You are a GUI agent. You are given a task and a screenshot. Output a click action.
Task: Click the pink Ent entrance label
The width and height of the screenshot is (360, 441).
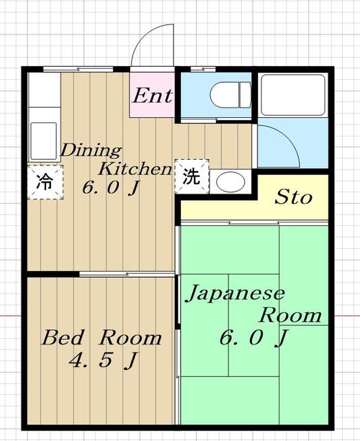point(153,95)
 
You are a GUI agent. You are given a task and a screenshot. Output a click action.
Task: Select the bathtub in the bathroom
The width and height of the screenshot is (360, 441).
point(293,94)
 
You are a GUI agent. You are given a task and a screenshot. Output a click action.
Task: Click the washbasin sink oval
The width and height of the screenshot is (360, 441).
point(229,182)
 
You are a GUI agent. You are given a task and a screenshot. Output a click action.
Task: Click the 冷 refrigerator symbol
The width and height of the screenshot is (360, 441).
point(44,183)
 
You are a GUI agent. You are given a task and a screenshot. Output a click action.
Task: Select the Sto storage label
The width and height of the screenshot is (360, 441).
point(293,198)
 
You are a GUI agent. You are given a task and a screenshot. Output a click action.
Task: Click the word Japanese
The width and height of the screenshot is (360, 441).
point(234,294)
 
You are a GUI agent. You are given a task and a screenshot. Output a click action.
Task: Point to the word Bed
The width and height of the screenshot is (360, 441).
point(63,338)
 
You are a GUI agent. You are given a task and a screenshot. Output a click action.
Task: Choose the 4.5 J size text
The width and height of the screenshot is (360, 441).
point(100,360)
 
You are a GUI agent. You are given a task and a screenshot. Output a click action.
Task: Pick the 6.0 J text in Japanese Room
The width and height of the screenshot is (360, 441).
point(253,338)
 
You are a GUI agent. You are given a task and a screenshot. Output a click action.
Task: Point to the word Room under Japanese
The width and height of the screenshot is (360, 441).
point(290,316)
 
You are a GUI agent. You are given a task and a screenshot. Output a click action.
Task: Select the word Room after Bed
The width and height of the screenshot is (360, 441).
point(130,338)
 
